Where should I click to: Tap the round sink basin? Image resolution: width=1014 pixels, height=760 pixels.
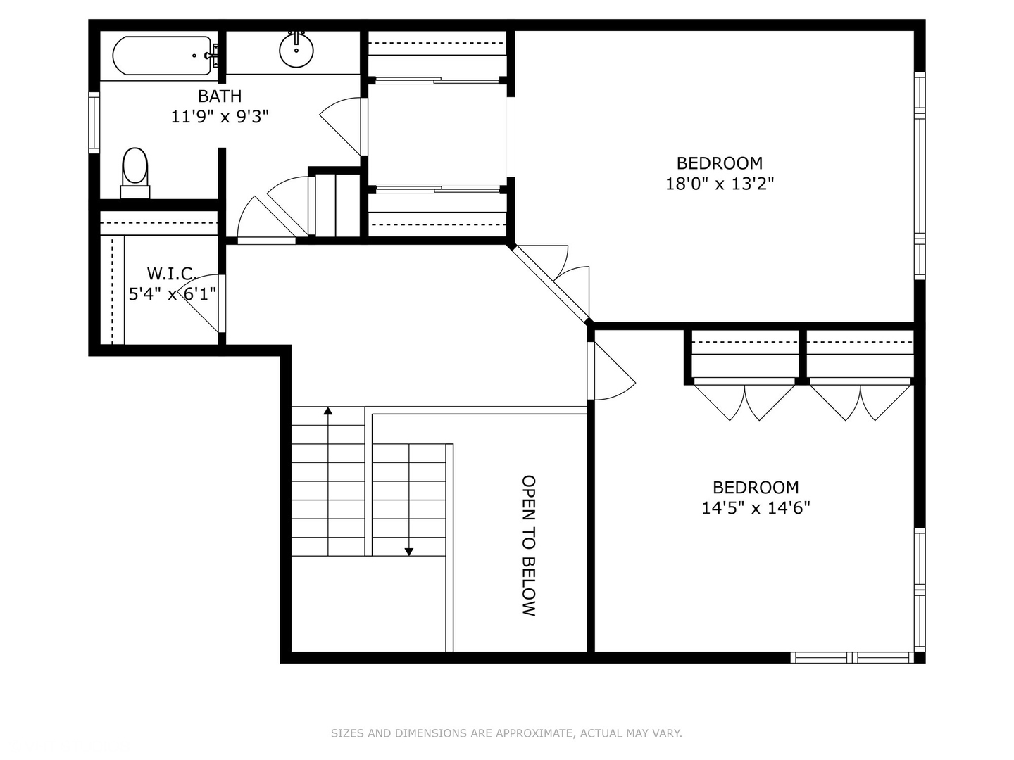pos(296,50)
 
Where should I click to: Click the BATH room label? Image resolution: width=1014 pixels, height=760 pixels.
pos(220,96)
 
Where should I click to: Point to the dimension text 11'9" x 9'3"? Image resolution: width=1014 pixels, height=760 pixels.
pos(220,117)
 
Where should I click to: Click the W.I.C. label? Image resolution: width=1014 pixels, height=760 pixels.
pos(171,273)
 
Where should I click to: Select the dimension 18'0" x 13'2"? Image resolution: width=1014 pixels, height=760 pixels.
pos(720,184)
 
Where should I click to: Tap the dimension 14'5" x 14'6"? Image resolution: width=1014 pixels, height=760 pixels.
pos(756,508)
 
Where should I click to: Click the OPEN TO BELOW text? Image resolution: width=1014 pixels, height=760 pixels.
pos(529,545)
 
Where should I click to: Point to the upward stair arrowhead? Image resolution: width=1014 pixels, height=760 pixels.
pos(327,411)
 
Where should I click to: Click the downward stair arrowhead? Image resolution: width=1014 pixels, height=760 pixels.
pos(409,552)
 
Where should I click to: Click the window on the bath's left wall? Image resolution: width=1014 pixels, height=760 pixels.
pos(94,123)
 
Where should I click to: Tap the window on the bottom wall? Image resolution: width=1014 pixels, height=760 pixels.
pos(852,658)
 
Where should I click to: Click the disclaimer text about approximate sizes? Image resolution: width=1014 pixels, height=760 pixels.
pos(506,733)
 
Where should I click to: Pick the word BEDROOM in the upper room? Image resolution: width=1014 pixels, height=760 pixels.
pos(720,163)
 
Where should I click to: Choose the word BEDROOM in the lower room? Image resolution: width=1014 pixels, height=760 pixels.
pos(756,487)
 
